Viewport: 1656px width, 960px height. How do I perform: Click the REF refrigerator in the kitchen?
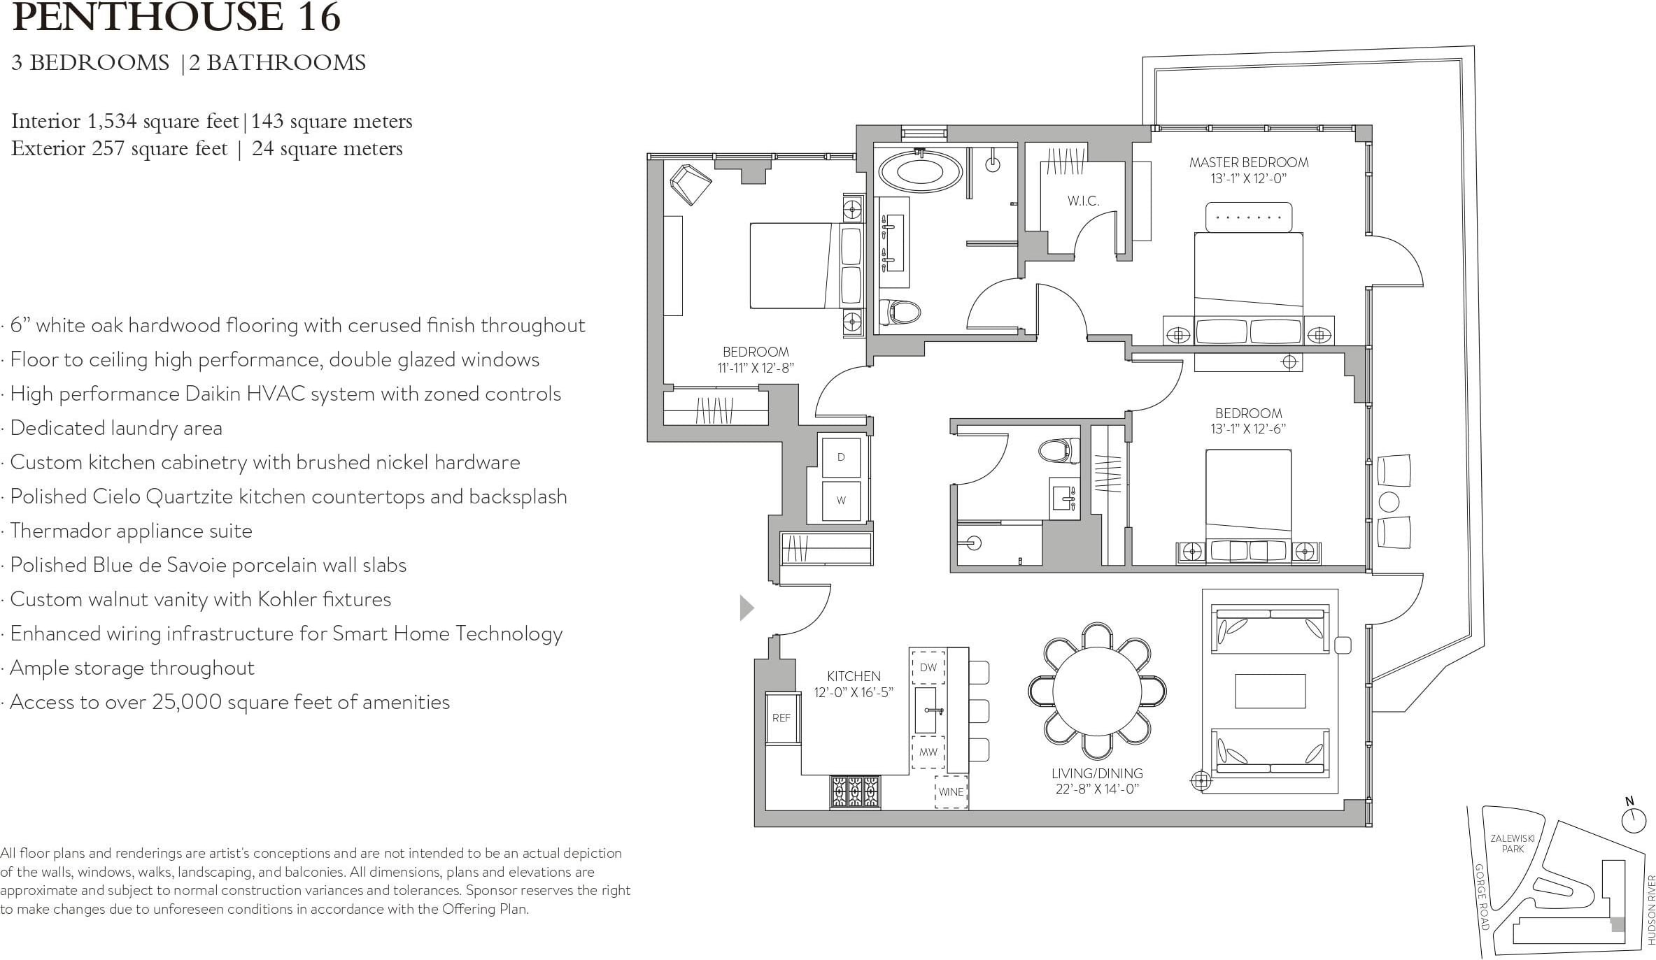[x=781, y=718]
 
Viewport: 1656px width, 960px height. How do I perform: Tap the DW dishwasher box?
[x=928, y=668]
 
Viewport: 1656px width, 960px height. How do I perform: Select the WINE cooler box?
[x=951, y=792]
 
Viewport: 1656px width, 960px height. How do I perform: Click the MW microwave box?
[x=928, y=752]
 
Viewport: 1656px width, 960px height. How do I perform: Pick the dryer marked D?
[x=841, y=457]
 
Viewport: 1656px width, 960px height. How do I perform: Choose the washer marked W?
[x=841, y=501]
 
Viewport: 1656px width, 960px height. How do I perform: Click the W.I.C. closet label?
[x=1083, y=201]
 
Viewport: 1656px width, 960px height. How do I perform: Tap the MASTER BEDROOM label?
[x=1249, y=163]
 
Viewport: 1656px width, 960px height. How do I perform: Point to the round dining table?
[x=1096, y=691]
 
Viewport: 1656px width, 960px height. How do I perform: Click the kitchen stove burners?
[x=855, y=792]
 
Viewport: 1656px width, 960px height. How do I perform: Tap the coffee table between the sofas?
[x=1270, y=691]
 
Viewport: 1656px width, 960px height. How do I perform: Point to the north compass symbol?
[x=1634, y=819]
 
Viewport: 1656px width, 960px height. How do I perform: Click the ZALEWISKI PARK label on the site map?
[x=1513, y=844]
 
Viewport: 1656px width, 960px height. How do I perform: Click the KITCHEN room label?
[x=854, y=676]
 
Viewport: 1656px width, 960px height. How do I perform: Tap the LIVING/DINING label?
[x=1097, y=773]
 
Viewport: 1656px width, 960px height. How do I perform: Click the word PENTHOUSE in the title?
[x=147, y=17]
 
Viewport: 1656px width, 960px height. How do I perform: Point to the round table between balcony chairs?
[x=1388, y=501]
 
